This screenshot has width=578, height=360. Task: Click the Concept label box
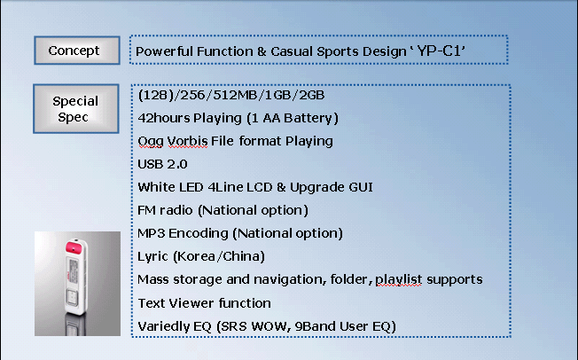[x=77, y=51]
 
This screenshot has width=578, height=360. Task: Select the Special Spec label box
[x=76, y=108]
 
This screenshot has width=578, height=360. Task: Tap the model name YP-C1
[x=439, y=51]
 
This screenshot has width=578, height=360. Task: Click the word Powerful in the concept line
[x=162, y=51]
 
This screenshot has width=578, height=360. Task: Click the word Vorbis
[x=187, y=141]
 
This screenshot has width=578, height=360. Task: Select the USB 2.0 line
[x=162, y=164]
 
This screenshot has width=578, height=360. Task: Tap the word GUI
[x=361, y=187]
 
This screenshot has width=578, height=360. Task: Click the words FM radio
[x=165, y=210]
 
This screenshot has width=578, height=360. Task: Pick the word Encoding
[x=199, y=233]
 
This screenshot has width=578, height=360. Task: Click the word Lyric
[x=152, y=257]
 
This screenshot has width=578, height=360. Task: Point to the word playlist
[x=398, y=279]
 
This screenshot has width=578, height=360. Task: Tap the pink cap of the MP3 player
[x=74, y=246]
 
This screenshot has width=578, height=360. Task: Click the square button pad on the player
[x=73, y=297]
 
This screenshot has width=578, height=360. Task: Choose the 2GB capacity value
[x=311, y=95]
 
